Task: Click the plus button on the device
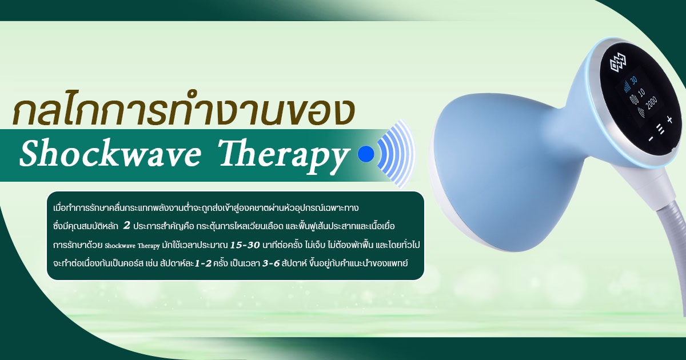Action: pyautogui.click(x=669, y=119)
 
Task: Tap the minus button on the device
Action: pyautogui.click(x=651, y=139)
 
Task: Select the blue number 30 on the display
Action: pyautogui.click(x=633, y=80)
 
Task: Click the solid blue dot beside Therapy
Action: pyautogui.click(x=365, y=154)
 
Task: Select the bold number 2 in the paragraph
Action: pyautogui.click(x=126, y=226)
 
